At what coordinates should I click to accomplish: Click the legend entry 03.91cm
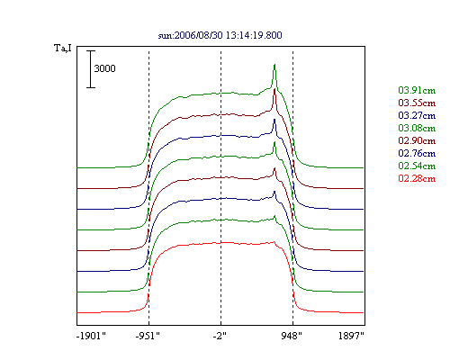[417, 90]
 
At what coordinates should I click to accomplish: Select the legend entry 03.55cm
[417, 103]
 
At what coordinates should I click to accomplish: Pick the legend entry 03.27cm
[417, 115]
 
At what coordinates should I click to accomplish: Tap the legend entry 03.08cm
[417, 128]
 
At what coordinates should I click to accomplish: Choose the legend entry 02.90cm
[417, 140]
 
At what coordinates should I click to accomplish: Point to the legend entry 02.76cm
[417, 153]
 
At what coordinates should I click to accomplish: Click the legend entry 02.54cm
[417, 166]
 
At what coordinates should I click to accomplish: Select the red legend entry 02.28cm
[417, 178]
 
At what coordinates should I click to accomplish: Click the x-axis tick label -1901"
[91, 336]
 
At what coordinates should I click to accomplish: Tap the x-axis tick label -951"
[148, 336]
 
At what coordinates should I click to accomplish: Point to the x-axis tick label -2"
[220, 336]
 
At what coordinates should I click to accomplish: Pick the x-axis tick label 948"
[292, 336]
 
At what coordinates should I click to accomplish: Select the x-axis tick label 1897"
[351, 336]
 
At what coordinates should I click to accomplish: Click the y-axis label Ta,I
[63, 48]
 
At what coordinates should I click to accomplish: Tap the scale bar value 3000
[104, 68]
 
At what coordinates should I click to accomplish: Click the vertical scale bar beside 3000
[91, 69]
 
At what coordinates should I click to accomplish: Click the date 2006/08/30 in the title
[199, 35]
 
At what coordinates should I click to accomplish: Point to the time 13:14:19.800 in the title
[254, 35]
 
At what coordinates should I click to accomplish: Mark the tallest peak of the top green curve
[274, 65]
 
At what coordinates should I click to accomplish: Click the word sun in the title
[165, 36]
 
